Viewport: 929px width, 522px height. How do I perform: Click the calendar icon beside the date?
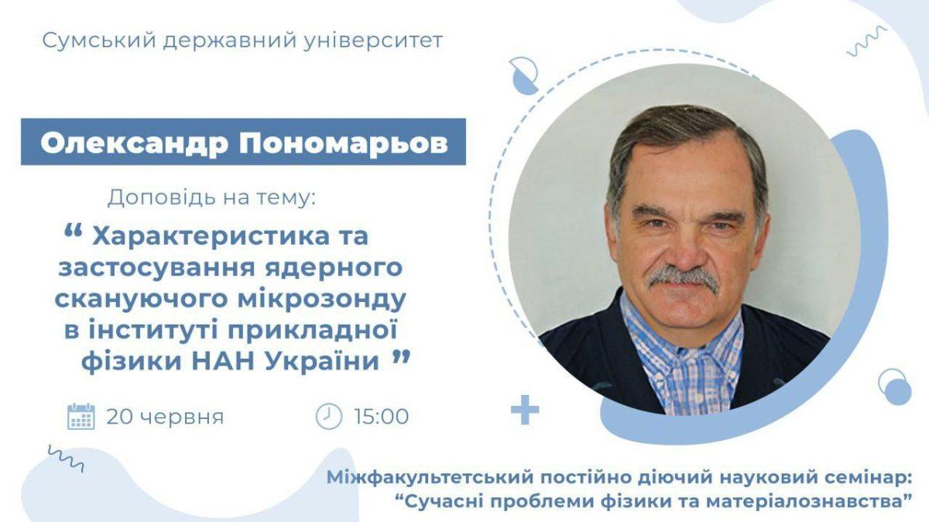[x=81, y=416]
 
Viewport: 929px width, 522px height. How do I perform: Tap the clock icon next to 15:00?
[x=329, y=416]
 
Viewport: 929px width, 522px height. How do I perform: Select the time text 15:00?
[x=382, y=417]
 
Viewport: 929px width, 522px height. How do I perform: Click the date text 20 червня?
[x=165, y=417]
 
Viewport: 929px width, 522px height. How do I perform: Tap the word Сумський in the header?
[x=99, y=41]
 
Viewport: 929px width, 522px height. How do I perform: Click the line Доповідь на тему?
[x=211, y=198]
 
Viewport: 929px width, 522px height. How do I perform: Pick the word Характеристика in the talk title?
[x=210, y=237]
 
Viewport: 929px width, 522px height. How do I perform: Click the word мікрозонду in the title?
[x=321, y=299]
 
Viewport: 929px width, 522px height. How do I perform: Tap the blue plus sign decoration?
[x=525, y=410]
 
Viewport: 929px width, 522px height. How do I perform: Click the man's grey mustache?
[x=684, y=277]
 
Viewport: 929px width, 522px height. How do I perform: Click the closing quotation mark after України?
[x=401, y=358]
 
